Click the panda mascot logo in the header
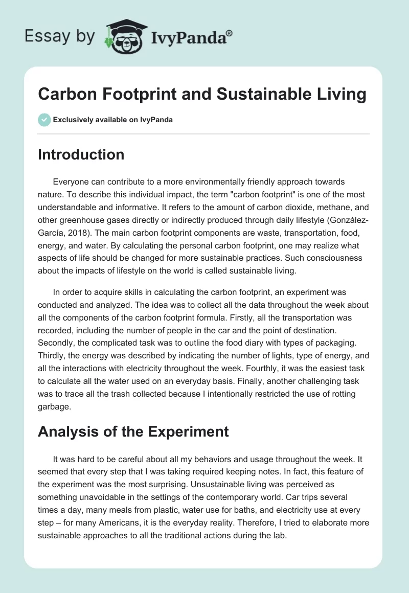122,36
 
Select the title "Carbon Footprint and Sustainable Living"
202,95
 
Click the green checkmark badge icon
44,120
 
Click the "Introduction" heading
81,154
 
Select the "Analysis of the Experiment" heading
133,431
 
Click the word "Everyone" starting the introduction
71,182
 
